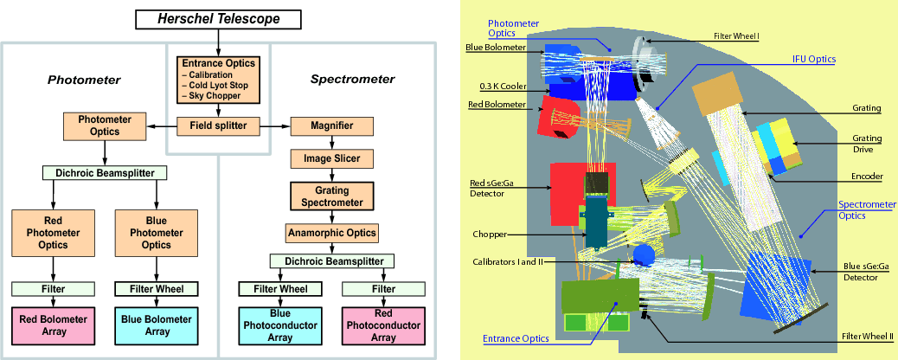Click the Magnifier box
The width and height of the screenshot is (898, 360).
(331, 125)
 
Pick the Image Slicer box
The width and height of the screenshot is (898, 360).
(331, 159)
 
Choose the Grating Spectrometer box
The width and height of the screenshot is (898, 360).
(331, 196)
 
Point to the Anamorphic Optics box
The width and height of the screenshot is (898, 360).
(331, 233)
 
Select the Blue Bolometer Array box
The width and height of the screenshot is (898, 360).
(157, 325)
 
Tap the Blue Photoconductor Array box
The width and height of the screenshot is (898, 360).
(280, 325)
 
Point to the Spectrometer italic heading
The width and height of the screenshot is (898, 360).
(352, 80)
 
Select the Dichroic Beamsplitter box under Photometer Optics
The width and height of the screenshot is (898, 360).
(105, 172)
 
